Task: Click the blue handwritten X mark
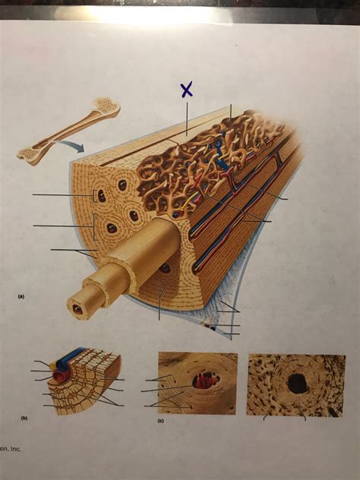187,89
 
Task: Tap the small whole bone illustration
68,131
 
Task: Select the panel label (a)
21,298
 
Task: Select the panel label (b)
24,418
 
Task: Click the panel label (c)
160,420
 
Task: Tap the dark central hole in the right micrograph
297,384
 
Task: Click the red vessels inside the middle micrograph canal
206,380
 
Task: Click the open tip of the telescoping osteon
77,309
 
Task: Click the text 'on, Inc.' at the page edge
11,449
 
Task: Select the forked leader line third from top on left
72,250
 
